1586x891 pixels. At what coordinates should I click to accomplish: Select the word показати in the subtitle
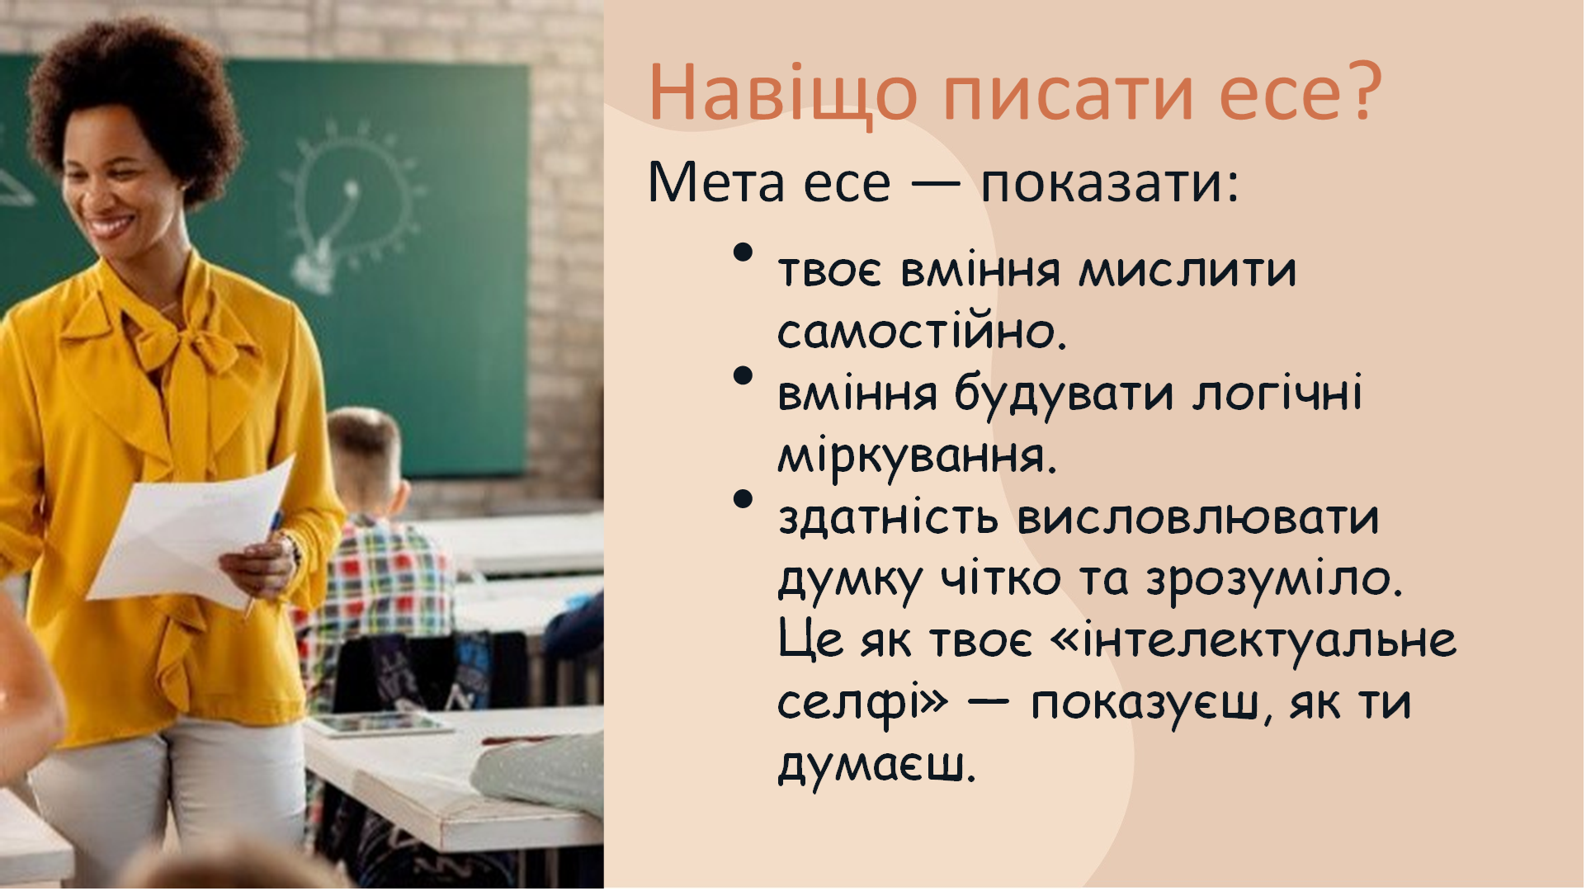1109,183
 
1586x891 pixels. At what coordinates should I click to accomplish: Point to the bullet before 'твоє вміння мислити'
743,252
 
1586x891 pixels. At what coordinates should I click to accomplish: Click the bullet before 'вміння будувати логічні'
743,376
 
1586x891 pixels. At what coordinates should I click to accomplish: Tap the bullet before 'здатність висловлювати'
743,499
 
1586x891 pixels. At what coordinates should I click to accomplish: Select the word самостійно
921,332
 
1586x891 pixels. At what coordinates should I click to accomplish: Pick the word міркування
916,456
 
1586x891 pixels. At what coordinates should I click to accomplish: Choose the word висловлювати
1197,518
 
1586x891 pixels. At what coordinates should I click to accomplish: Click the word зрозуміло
1274,580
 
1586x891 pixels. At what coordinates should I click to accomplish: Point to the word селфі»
863,704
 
